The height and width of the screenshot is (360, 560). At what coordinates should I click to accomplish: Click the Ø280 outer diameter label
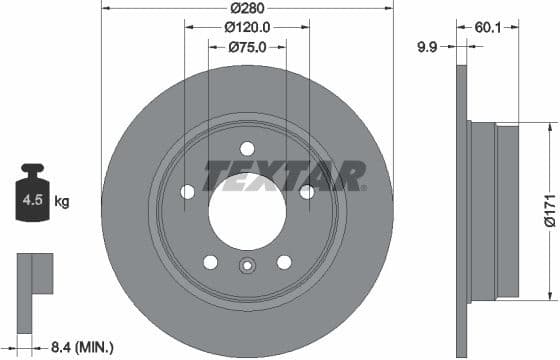[247, 8]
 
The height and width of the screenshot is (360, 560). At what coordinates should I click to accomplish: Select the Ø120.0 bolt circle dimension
[247, 27]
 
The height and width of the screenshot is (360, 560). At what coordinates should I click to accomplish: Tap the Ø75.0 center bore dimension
[247, 46]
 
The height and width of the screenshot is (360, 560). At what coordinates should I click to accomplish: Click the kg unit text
[62, 202]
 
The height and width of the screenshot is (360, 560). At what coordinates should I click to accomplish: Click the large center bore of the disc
[247, 211]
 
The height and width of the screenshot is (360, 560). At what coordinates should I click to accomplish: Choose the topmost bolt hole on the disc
[247, 148]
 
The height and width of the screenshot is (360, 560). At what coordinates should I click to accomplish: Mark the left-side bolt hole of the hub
[188, 192]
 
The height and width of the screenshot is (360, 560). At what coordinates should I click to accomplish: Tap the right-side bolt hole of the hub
[306, 192]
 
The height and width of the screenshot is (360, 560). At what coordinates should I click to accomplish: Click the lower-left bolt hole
[210, 262]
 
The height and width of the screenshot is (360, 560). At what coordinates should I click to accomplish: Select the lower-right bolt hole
[284, 262]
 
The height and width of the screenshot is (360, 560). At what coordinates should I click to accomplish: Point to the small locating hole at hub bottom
[247, 267]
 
